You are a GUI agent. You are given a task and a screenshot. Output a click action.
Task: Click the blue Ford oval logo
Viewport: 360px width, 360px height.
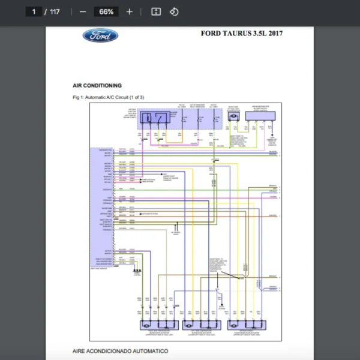coord(100,35)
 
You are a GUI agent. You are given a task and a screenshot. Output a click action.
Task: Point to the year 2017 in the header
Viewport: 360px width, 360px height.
coord(274,34)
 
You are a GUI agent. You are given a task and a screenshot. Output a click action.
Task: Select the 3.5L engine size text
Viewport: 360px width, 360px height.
coord(260,34)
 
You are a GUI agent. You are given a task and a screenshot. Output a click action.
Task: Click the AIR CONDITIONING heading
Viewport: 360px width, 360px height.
coord(97,86)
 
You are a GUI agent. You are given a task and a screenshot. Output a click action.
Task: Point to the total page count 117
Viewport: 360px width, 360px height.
coord(55,11)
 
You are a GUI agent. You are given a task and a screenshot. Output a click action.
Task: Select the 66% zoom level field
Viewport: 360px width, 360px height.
coord(106,11)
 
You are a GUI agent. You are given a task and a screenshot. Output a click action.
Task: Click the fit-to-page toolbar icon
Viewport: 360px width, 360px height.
coord(156,11)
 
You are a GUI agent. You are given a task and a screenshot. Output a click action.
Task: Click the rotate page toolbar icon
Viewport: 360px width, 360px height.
coord(174,11)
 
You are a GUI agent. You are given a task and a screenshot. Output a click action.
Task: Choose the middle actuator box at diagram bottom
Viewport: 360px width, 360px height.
coord(200,324)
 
